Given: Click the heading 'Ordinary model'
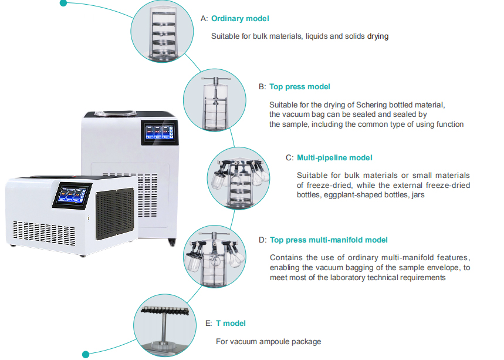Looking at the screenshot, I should coord(240,18).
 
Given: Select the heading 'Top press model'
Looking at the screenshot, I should coord(299,86).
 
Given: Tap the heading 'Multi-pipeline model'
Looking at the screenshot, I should coord(334,157).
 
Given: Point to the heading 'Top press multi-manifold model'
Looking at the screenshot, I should coord(328,240).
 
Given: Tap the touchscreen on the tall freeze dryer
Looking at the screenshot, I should coord(159,133).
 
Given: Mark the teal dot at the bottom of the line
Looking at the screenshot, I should coord(86,354).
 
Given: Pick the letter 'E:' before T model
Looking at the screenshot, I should coord(209,323).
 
